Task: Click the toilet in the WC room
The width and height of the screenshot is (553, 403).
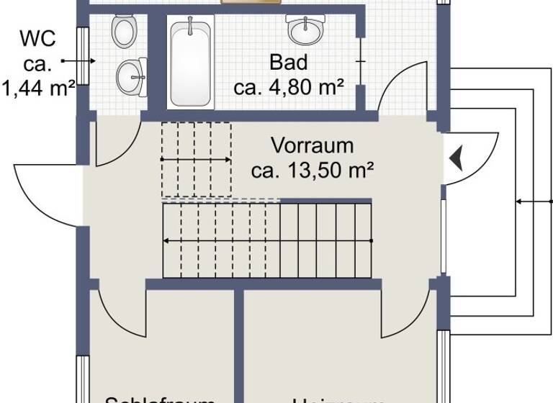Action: click(124, 31)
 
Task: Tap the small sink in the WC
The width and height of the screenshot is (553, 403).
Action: click(131, 74)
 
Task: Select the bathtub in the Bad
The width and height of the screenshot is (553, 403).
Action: click(191, 63)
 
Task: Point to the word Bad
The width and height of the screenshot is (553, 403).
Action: click(288, 63)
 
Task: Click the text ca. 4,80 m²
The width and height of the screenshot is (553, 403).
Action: click(288, 88)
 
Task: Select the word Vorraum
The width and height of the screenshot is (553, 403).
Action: click(312, 145)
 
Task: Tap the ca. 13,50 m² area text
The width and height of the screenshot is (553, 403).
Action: click(312, 171)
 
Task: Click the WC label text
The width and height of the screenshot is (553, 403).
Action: click(37, 37)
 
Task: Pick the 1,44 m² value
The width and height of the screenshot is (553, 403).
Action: click(39, 89)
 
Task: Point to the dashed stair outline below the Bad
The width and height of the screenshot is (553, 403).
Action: click(196, 159)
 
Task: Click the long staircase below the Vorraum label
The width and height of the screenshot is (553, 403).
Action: click(266, 240)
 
